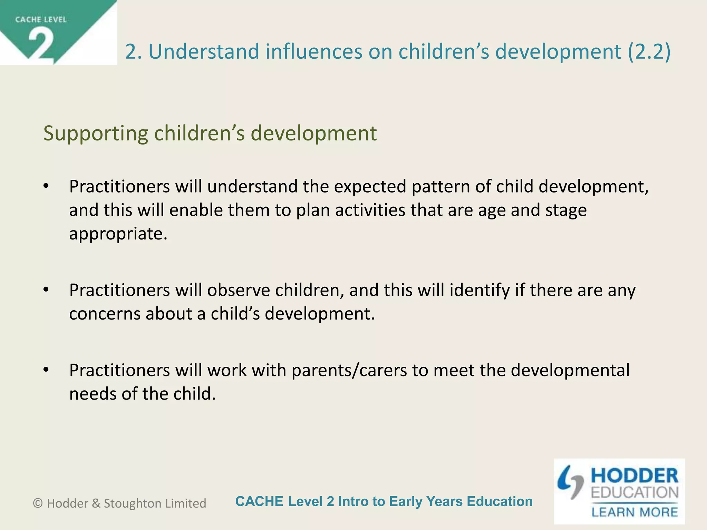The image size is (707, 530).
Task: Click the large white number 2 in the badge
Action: [41, 44]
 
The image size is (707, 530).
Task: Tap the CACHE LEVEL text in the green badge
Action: [41, 20]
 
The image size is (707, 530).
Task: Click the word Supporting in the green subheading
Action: [96, 133]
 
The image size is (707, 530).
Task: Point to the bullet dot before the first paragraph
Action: [46, 186]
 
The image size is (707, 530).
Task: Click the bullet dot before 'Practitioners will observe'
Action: [46, 289]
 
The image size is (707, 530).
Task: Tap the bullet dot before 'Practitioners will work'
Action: [46, 370]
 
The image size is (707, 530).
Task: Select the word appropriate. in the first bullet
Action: [118, 234]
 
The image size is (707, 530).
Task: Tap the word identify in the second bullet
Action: [480, 290]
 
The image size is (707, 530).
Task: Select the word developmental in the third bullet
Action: [570, 370]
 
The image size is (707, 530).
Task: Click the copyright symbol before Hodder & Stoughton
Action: [38, 503]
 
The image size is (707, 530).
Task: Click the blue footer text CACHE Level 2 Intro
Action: [384, 501]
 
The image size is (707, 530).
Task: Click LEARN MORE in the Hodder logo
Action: [635, 512]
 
